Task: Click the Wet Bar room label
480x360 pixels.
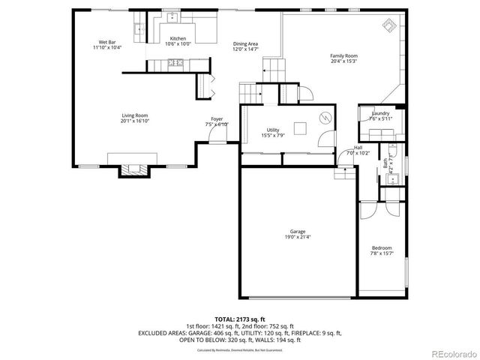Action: click(x=107, y=42)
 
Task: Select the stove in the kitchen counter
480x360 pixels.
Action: click(x=175, y=63)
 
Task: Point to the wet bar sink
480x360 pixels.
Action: click(x=138, y=29)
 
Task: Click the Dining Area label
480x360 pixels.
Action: click(x=245, y=45)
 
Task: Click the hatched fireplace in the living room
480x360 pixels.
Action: click(x=133, y=169)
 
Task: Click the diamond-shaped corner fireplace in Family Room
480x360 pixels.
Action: click(x=390, y=27)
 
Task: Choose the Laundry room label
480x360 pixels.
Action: click(x=381, y=113)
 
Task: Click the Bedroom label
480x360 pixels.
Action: click(x=382, y=249)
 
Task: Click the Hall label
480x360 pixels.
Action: click(x=358, y=148)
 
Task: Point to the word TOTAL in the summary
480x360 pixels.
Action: click(x=224, y=318)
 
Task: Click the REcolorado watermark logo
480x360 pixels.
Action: click(x=448, y=352)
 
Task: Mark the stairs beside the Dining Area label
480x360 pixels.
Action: click(x=274, y=70)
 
